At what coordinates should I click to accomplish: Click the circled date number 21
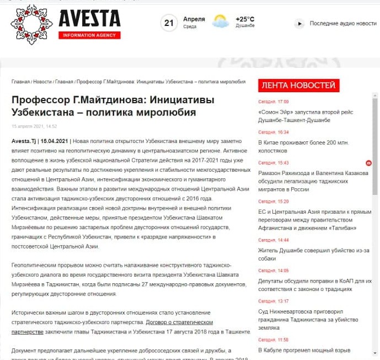click(169, 23)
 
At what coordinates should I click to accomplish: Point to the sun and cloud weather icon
click(221, 22)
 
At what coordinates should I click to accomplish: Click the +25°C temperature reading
click(245, 19)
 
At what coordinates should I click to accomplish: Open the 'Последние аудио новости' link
click(342, 23)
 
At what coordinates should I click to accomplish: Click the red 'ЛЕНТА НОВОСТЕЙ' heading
click(298, 85)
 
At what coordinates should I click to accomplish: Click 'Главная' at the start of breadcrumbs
click(20, 81)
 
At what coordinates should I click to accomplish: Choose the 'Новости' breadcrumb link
click(42, 81)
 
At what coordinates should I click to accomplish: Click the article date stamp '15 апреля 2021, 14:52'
click(34, 126)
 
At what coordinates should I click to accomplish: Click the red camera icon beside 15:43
click(368, 163)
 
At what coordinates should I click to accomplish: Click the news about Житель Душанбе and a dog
click(305, 253)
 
